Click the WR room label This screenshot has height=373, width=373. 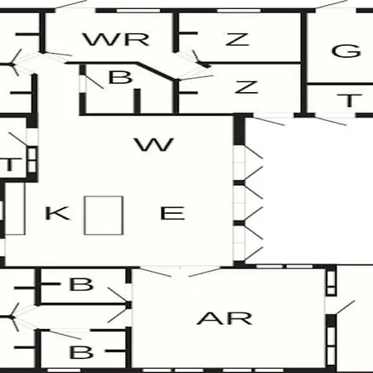pos(116,39)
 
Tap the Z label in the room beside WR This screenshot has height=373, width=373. pos(238,39)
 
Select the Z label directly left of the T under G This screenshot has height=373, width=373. pos(246,87)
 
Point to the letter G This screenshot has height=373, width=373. pos(346,51)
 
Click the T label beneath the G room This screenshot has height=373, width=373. pos(350,100)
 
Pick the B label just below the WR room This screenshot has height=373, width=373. pos(120,77)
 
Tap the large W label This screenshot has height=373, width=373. pos(154,144)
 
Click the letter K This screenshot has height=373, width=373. pos(57,213)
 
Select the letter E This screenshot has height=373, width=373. pos(172,213)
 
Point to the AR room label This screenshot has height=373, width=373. pos(225,318)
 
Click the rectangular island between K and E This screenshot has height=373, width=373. pos(104,216)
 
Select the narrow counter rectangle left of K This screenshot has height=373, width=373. pos(15,209)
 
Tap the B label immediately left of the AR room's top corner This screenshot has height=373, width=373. pos(81,284)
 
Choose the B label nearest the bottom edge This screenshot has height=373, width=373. pos(81,352)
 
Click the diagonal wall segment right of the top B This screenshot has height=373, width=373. pos(157,72)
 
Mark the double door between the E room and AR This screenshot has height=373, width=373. pos(180,271)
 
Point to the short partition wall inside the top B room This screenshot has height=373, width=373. pos(138,101)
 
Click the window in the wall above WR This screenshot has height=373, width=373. pos(138,11)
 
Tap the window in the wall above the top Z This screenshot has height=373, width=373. pos(239,11)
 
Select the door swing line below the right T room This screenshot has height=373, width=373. pos(331,121)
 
